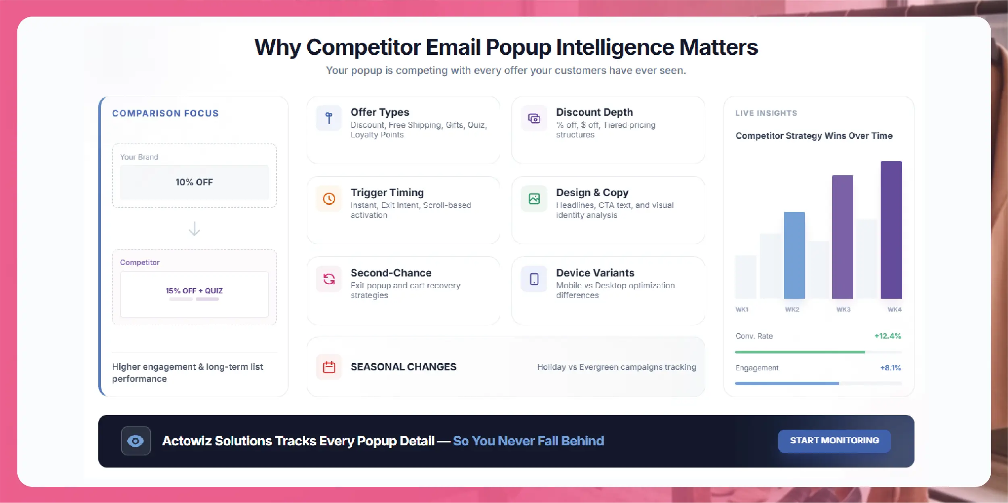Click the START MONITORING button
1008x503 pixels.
[x=834, y=441]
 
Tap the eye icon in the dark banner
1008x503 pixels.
[x=135, y=441]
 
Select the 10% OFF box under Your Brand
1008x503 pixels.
[x=194, y=182]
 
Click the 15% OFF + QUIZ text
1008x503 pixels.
[x=194, y=291]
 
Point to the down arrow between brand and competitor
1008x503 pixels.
[x=194, y=229]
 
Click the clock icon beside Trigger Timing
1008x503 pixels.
[x=329, y=199]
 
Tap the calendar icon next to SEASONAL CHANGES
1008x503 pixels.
[x=329, y=367]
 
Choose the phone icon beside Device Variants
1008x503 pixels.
[x=534, y=279]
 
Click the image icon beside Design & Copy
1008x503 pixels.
[x=534, y=199]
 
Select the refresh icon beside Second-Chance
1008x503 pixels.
[x=329, y=279]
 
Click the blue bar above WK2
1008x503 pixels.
[x=794, y=255]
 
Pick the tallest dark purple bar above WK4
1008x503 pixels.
[x=891, y=230]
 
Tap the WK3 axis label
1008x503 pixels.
[x=843, y=309]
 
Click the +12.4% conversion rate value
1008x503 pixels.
[x=887, y=336]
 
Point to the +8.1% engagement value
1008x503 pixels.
[x=891, y=368]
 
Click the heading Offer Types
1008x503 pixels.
[x=380, y=112]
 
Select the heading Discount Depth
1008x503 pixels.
[x=594, y=112]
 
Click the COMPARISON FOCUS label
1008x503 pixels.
[x=165, y=113]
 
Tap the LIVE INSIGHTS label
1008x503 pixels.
[x=766, y=113]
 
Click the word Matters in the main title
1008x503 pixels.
[x=719, y=47]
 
